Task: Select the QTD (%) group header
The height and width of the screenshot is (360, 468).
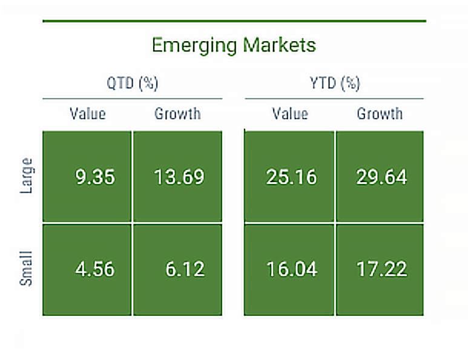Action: coord(133,83)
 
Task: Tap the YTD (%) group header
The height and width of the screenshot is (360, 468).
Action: coord(335,83)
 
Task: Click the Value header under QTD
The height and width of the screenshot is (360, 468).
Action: coord(88,114)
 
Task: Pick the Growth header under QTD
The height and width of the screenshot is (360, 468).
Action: coord(177,114)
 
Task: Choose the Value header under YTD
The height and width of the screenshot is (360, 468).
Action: coord(290,114)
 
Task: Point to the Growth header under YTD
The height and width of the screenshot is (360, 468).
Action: coord(380,114)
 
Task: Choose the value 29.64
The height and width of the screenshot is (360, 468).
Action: coord(380,177)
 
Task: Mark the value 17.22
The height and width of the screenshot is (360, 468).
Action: coord(380,269)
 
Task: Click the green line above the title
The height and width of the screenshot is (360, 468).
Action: coord(234,21)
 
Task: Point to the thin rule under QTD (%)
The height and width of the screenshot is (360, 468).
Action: coord(132,98)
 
